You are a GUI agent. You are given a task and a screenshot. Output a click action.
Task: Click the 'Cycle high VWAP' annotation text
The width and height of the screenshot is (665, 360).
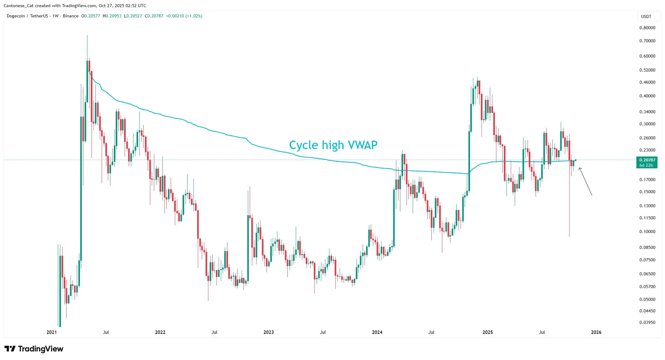click(333, 145)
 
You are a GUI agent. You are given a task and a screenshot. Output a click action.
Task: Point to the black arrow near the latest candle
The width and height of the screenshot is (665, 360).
click(585, 182)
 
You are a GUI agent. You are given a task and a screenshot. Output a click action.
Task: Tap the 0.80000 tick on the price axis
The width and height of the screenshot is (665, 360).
click(647, 28)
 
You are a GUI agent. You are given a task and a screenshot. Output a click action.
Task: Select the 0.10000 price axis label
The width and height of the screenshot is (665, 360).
click(647, 231)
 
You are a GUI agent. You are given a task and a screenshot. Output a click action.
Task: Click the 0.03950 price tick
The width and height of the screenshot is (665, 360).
click(647, 322)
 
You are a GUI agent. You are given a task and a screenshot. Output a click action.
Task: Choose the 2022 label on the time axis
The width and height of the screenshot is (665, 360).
click(160, 332)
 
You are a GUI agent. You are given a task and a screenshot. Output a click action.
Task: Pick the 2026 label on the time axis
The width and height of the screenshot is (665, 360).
click(596, 332)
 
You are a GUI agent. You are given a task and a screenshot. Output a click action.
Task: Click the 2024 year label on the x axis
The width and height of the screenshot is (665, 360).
click(377, 332)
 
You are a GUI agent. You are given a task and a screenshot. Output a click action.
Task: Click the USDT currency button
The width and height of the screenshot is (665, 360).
click(646, 16)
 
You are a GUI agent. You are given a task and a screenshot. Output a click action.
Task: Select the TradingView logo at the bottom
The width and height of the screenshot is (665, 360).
click(34, 349)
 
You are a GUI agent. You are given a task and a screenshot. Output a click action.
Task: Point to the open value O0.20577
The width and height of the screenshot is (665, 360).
click(91, 16)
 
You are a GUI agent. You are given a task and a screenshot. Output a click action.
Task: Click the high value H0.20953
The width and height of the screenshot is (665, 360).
click(112, 16)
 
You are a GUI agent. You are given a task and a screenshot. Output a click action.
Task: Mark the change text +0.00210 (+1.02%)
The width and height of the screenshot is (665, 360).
click(184, 16)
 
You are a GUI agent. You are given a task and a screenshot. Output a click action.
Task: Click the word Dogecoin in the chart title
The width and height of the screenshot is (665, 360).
click(16, 16)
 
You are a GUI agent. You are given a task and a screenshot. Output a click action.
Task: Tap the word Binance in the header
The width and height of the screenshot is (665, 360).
click(71, 16)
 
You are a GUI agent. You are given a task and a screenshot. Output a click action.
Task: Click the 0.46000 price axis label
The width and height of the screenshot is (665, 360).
click(647, 82)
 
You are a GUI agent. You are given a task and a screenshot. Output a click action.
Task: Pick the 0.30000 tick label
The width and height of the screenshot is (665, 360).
click(647, 124)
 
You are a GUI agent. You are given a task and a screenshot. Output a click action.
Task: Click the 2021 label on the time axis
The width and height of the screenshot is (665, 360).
click(52, 332)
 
